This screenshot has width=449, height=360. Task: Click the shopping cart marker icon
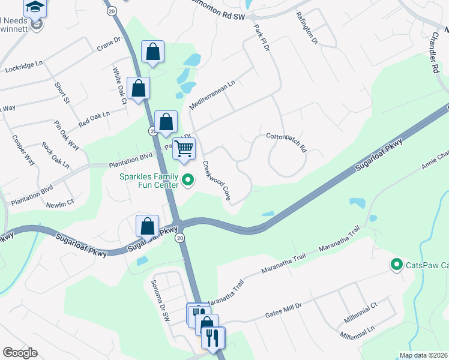[x=184, y=148]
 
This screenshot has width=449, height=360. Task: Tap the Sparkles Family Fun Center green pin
[x=188, y=179]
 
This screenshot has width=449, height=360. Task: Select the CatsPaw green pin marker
[x=396, y=264]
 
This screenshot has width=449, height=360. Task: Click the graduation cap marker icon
[x=35, y=8]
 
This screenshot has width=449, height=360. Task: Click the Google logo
[x=20, y=353]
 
